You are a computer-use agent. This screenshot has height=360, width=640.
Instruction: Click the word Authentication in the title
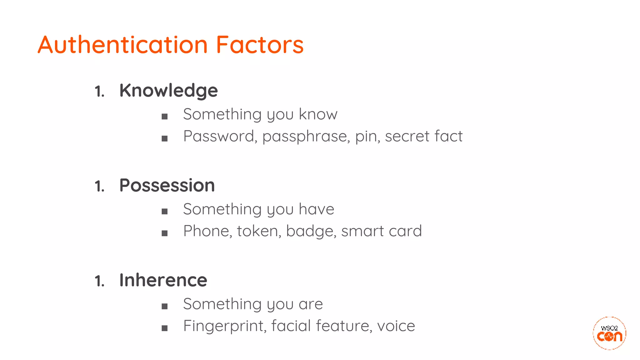(x=123, y=45)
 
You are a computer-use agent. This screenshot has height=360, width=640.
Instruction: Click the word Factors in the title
(x=260, y=45)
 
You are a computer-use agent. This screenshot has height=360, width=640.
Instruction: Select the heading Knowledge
(x=168, y=91)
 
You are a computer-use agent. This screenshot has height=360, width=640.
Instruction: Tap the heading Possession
(x=167, y=185)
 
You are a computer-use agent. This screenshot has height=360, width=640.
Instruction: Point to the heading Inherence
(x=163, y=280)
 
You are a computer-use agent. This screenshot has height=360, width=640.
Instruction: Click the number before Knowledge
(x=99, y=92)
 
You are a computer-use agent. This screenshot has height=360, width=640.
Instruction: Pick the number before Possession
(x=99, y=186)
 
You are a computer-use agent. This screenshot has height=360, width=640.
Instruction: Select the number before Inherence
(x=99, y=281)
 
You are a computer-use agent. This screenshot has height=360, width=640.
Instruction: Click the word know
(x=318, y=114)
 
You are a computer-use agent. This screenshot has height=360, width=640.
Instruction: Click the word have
(x=316, y=209)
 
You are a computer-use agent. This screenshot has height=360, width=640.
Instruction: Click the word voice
(x=396, y=326)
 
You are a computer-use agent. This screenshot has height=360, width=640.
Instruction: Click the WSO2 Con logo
(x=609, y=333)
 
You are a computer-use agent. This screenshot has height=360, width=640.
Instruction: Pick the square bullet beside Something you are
(x=165, y=306)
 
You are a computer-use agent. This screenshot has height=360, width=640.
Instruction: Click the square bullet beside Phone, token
(x=165, y=233)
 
